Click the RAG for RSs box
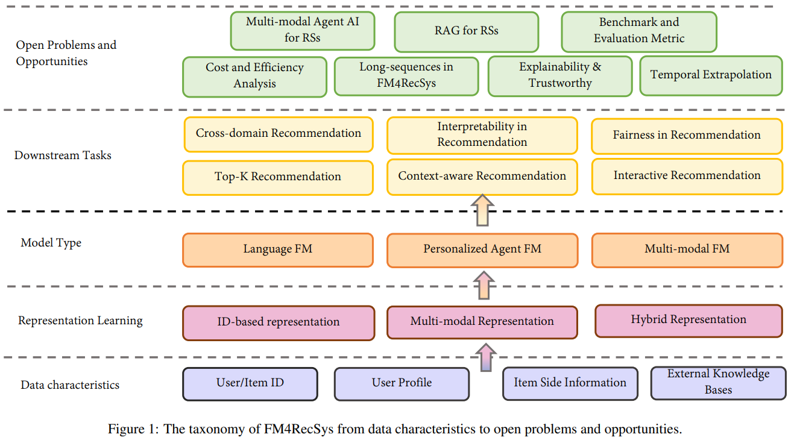pos(466,31)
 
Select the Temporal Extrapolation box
pos(711,75)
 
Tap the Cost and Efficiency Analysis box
pos(254,76)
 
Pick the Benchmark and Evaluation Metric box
pos(639,31)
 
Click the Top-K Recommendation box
pos(278,177)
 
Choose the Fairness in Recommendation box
pos(687,136)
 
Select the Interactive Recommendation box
pos(687,176)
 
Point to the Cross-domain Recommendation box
pos(278,134)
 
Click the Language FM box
pos(278,250)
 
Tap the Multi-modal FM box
pos(687,250)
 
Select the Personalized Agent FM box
pos(482,250)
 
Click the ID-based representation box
pos(278,322)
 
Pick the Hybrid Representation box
pos(688,320)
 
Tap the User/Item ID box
pos(250,383)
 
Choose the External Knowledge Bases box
pos(718,383)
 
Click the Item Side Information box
pos(570,383)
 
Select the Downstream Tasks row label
pos(63,156)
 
